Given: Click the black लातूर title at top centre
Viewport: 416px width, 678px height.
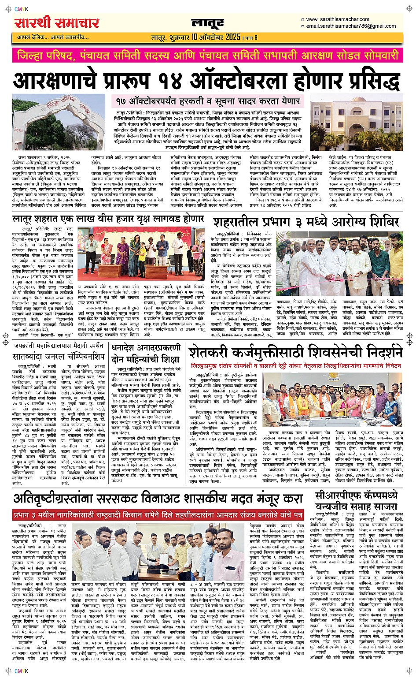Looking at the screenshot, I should point(208,23).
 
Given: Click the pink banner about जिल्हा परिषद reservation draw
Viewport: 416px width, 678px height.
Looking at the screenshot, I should point(208,56).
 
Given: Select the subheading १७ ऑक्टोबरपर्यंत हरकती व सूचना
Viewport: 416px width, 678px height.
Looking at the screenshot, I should point(208,101).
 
